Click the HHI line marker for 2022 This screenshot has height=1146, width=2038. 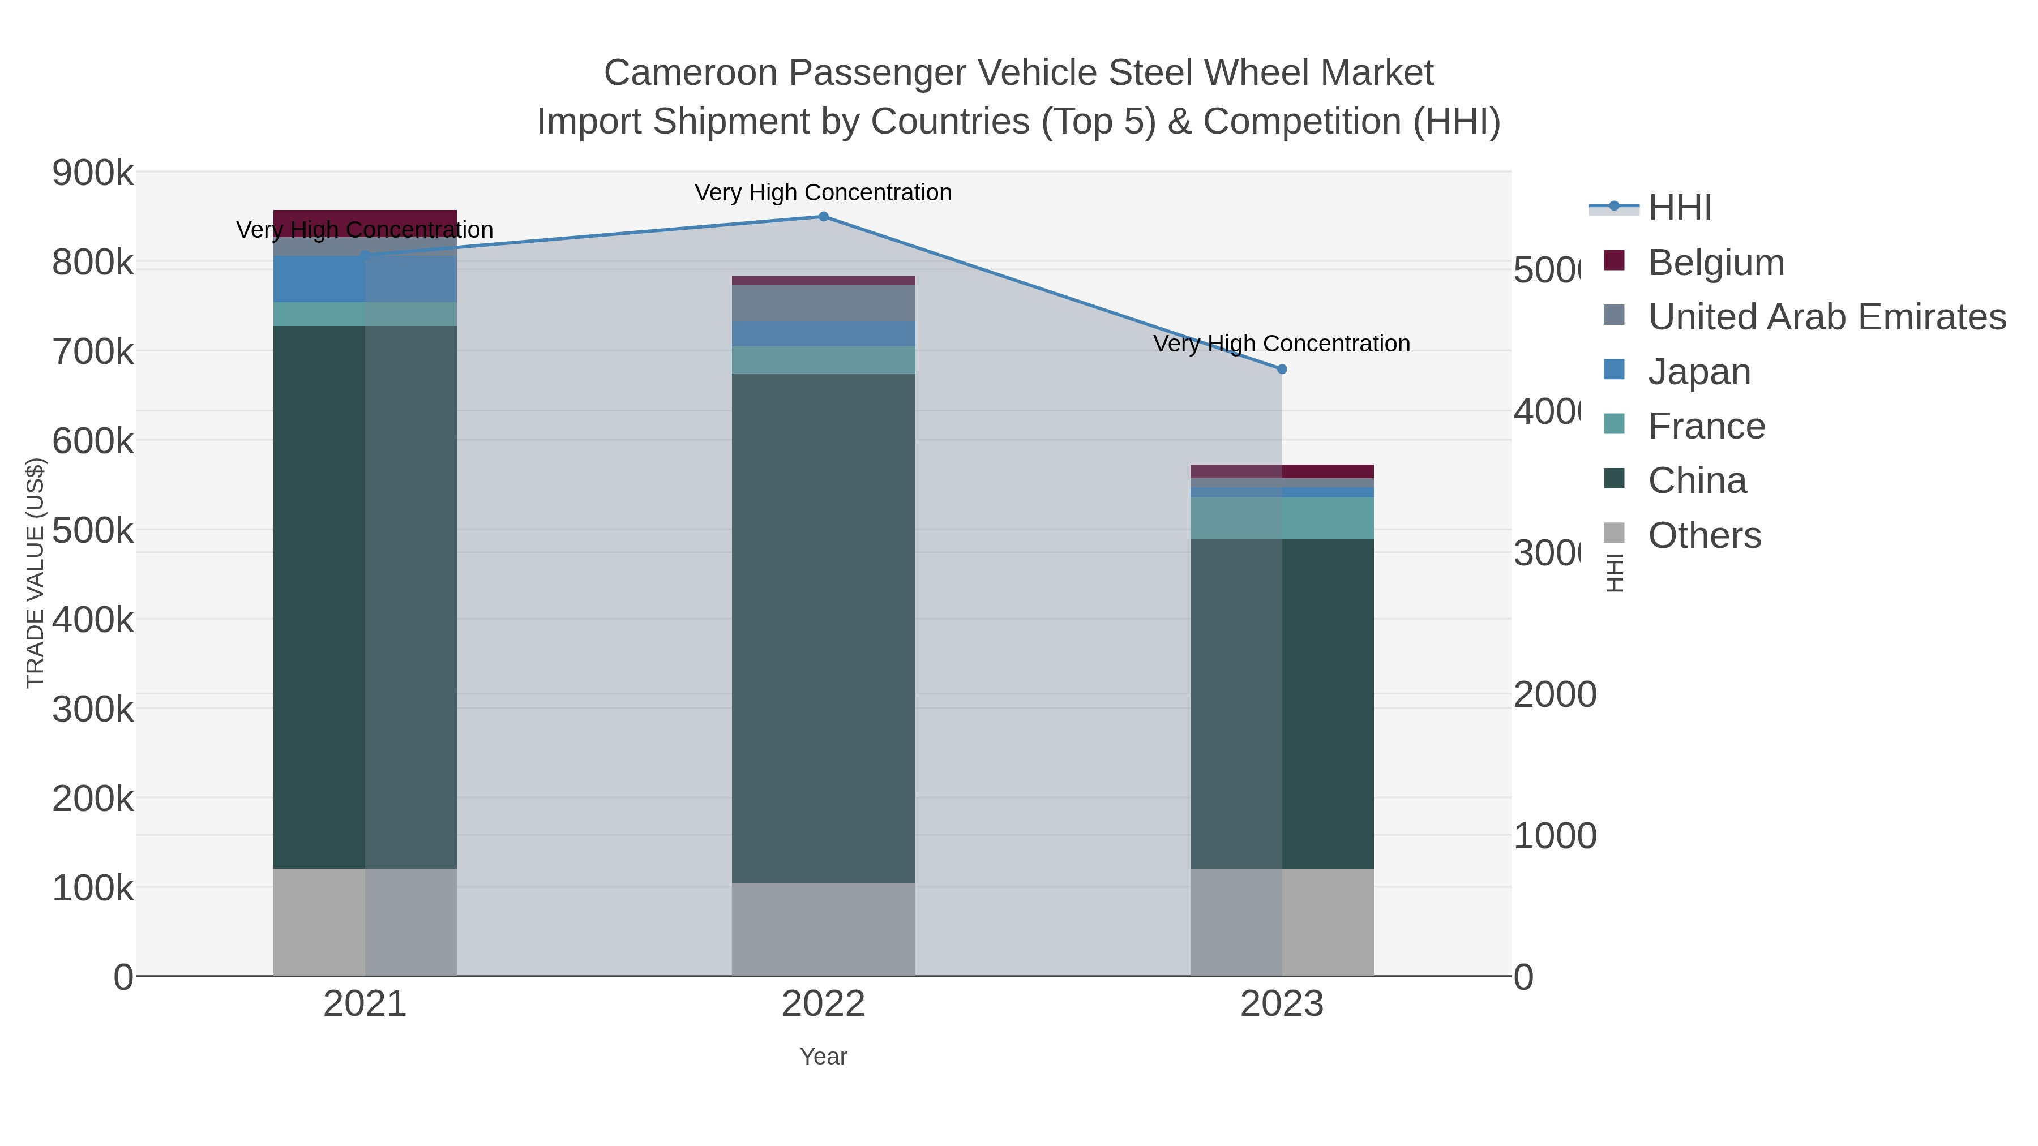tap(823, 217)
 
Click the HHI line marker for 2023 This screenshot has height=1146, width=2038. tap(1282, 370)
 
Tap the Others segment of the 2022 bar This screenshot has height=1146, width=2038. tap(823, 929)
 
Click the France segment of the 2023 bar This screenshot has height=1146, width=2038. tap(1282, 518)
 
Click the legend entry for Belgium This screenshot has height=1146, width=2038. tap(1715, 263)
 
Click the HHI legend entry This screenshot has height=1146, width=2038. tap(1679, 208)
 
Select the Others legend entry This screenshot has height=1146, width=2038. tap(1704, 535)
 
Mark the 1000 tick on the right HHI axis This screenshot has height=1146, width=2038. tap(1555, 836)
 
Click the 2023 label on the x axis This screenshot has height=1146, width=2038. tap(1282, 1003)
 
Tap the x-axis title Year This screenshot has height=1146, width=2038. tap(823, 1057)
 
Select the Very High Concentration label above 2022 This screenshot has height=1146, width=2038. tap(823, 192)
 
